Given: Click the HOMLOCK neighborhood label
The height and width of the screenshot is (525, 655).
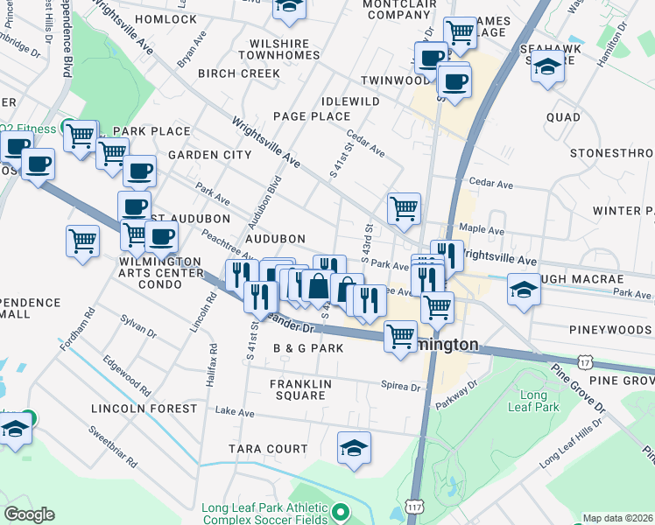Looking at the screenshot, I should coord(166,19).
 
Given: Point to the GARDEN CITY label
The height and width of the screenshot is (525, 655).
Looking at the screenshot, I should coord(209,155).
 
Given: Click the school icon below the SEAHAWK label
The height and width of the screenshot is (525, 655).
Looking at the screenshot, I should coord(547,67).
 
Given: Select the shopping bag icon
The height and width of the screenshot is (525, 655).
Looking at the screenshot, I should coord(317,285).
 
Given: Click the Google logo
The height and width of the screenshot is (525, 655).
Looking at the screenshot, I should coord(29,514).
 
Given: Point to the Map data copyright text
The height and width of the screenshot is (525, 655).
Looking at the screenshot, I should coord(618,518).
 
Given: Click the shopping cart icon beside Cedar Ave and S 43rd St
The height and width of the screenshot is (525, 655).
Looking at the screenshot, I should coord(404,208).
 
